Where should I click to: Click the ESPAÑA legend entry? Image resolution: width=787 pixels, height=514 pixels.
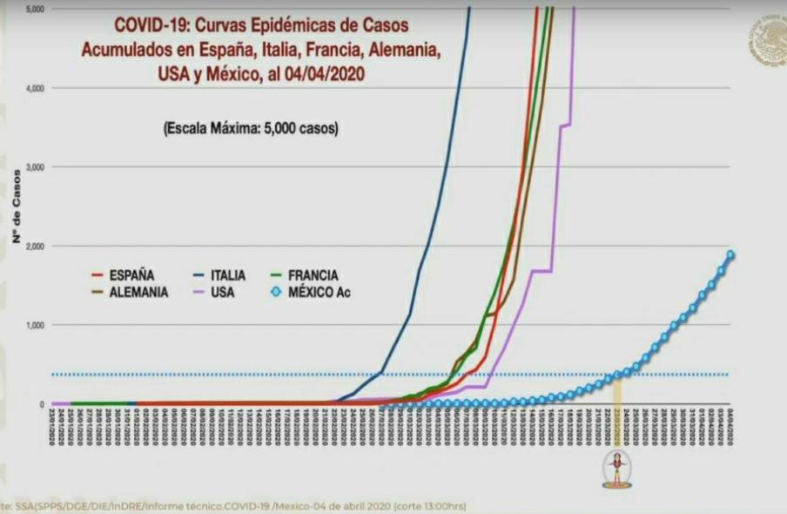[x=131, y=275]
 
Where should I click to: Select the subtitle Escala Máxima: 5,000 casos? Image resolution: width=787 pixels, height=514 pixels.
[x=251, y=127]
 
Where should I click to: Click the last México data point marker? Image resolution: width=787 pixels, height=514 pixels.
[x=731, y=255]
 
